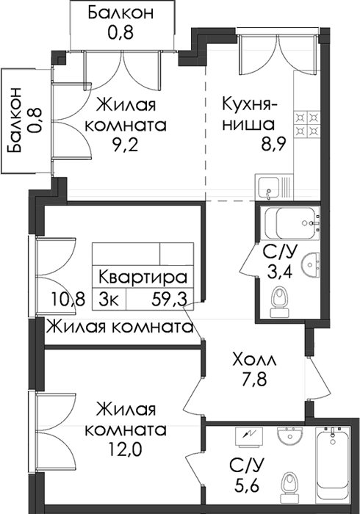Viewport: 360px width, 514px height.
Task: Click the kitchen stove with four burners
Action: (307, 124)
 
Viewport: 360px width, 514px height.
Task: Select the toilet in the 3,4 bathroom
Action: (279, 301)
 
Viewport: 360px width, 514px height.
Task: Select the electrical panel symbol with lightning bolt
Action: (249, 438)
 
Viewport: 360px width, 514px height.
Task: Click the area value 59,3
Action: (169, 299)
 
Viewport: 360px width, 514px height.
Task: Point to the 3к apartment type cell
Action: (109, 299)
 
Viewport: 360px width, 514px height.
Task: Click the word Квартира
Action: (143, 278)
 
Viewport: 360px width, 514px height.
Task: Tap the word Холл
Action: (254, 360)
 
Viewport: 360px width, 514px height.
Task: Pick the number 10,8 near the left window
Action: (68, 299)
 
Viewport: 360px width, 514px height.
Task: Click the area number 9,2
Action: (125, 144)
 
